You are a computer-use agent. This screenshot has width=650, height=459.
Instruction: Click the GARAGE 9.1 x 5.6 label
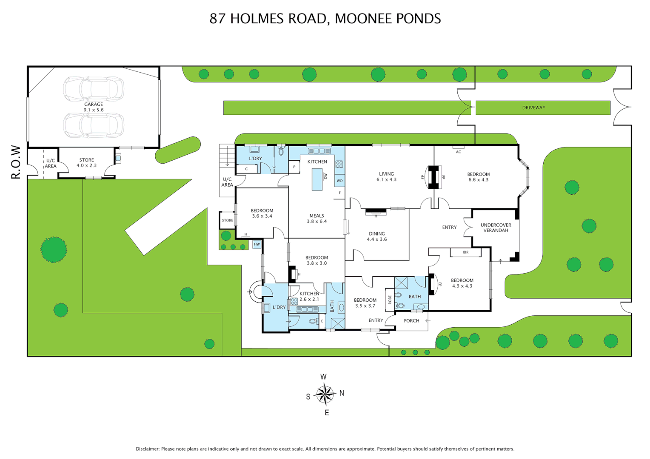(94, 107)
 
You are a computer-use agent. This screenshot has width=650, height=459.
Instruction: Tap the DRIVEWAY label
(533, 108)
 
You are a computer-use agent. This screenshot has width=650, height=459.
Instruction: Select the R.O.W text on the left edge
(16, 162)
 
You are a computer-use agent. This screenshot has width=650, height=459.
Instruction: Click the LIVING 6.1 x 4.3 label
(386, 177)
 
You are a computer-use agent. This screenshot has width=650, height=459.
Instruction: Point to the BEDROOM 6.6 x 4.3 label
(478, 177)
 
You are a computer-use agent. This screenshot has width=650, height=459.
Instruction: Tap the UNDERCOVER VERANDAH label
(496, 228)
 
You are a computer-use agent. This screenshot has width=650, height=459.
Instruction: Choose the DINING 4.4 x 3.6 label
(376, 237)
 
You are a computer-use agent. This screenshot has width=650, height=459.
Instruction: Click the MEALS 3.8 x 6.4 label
(316, 218)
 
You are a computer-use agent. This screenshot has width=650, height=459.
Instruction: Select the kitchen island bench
(317, 179)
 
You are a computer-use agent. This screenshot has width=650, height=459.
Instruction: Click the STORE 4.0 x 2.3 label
(86, 163)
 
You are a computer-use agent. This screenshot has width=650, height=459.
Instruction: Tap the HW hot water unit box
(257, 244)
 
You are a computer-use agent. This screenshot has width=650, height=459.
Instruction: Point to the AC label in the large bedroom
(458, 152)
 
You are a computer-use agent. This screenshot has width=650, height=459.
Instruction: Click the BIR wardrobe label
(465, 252)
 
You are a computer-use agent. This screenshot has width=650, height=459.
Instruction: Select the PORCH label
(411, 321)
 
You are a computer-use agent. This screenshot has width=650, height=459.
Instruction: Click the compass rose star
(325, 394)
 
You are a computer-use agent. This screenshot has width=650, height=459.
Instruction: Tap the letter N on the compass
(342, 394)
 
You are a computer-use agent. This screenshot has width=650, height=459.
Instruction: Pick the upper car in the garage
(94, 89)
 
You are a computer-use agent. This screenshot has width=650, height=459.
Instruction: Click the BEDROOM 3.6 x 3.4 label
(262, 213)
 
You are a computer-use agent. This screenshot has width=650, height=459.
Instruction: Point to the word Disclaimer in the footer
(147, 449)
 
